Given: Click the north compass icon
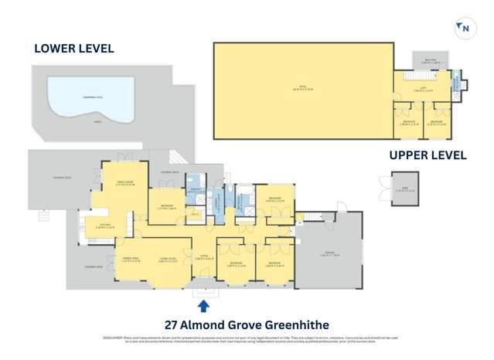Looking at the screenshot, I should pyautogui.click(x=465, y=28).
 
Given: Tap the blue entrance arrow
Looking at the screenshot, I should pyautogui.click(x=203, y=305).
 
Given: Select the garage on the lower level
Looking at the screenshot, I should pyautogui.click(x=329, y=251).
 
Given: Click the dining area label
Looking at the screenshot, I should pyautogui.click(x=126, y=260).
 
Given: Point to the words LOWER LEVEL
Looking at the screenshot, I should pyautogui.click(x=74, y=49).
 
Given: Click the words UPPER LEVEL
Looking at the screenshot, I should pyautogui.click(x=428, y=155).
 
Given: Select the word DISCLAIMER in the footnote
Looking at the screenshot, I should pyautogui.click(x=113, y=338).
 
